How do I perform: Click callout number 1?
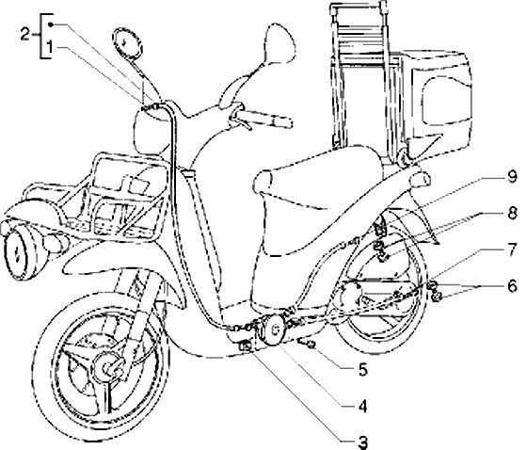49,47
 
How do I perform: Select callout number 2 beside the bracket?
25,34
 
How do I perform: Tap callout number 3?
362,442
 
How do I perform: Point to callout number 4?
362,407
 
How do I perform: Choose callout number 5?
363,370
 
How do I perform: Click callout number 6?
512,286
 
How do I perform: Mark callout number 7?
512,249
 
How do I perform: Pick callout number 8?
512,214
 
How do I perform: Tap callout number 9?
512,176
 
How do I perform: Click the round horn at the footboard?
273,329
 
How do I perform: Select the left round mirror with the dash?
127,43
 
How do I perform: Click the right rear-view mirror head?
279,42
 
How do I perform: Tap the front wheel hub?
108,366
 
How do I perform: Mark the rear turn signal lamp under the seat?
420,179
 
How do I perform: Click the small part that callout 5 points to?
307,343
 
